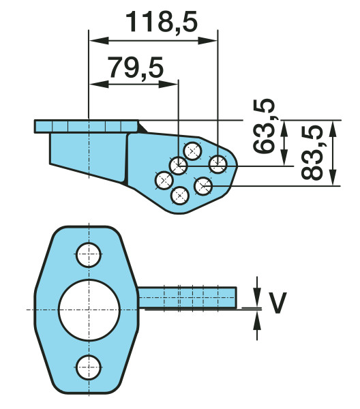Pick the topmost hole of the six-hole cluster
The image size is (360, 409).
pyautogui.click(x=193, y=149)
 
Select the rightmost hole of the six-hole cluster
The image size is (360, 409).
pyautogui.click(x=218, y=163)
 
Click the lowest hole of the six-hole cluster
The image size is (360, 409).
pyautogui.click(x=179, y=196)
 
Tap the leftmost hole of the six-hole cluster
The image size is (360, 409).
pyautogui.click(x=164, y=181)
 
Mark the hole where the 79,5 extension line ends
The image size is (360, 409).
pyautogui.click(x=179, y=164)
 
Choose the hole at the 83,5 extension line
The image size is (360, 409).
pyautogui.click(x=203, y=185)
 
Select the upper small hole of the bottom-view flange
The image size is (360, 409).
pyautogui.click(x=88, y=254)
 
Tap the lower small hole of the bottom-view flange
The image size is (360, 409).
pyautogui.click(x=88, y=366)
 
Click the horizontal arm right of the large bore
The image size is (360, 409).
pyautogui.click(x=187, y=297)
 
